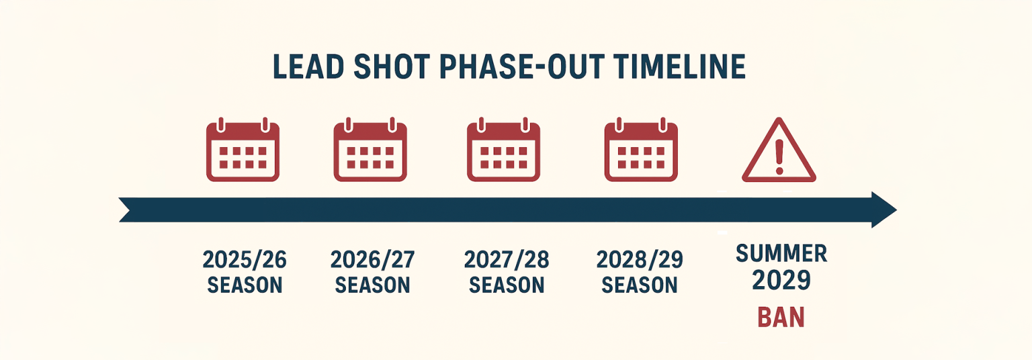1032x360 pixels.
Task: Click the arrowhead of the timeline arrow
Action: [x=883, y=210]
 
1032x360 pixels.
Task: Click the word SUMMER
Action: [x=781, y=253]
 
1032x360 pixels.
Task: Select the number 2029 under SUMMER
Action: [x=781, y=279]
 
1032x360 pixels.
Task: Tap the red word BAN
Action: [x=781, y=317]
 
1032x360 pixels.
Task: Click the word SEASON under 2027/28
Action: [x=506, y=285]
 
